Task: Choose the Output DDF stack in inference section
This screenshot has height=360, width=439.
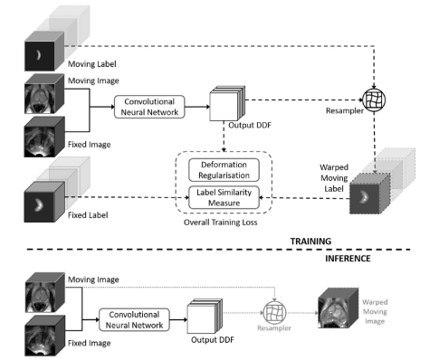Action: coord(204,318)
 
